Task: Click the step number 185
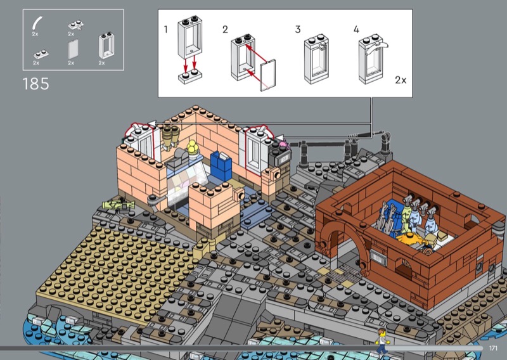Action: (36, 84)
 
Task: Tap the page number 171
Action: (493, 348)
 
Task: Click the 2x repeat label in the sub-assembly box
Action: (401, 80)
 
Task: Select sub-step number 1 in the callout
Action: (166, 30)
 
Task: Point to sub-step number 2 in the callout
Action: (225, 30)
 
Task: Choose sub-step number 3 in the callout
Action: (298, 30)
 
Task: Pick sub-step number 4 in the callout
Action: (356, 30)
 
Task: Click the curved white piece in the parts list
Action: (36, 23)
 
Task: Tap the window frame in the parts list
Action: (106, 46)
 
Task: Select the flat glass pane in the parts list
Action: (73, 49)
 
